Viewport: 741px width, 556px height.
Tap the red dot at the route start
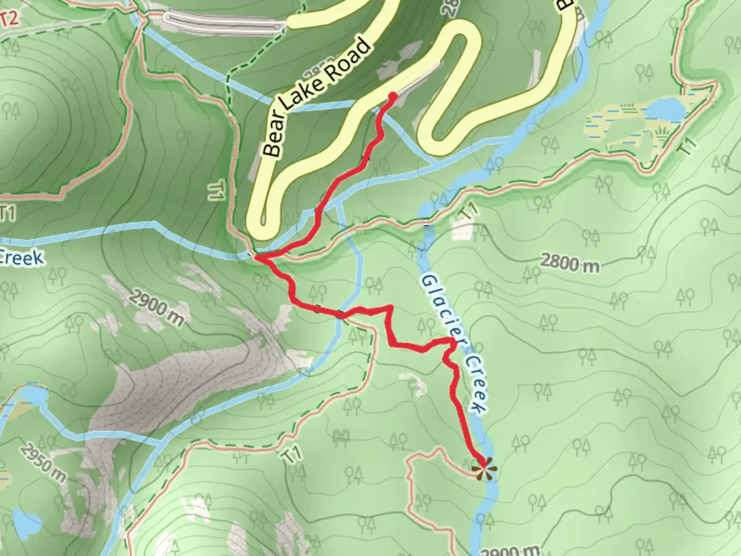[x=392, y=97]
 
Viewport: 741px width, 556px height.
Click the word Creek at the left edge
[x=21, y=257]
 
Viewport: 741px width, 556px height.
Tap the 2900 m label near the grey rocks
[x=156, y=307]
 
